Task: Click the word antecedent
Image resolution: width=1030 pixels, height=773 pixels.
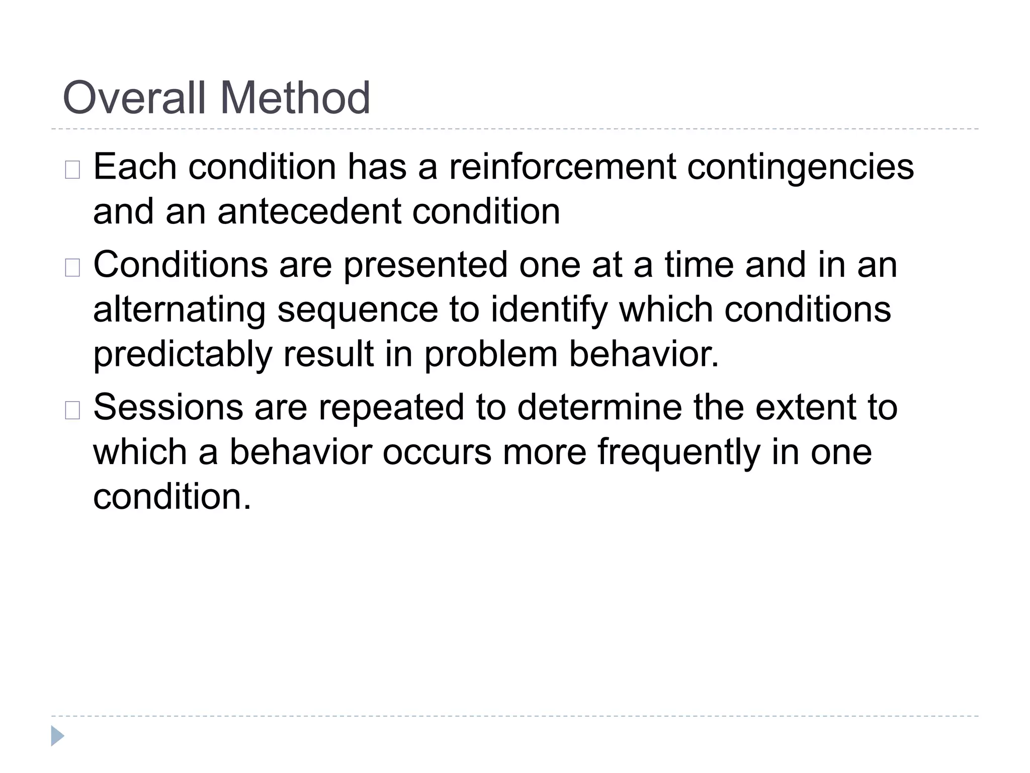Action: click(309, 211)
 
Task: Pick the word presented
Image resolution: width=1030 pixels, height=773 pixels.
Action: click(425, 266)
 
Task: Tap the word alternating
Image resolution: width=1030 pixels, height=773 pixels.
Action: click(180, 311)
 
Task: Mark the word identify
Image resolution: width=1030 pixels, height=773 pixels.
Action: click(549, 311)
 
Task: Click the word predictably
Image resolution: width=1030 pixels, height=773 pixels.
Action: click(183, 355)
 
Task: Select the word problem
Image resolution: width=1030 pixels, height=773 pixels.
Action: click(491, 355)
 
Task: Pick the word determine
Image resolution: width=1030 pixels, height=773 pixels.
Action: click(599, 407)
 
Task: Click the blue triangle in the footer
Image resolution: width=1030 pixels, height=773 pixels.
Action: click(57, 736)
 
